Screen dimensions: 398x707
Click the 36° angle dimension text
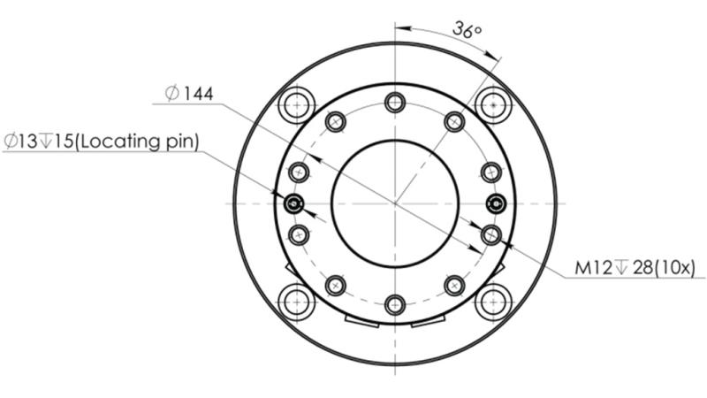pyautogui.click(x=466, y=29)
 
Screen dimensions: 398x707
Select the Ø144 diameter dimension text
pyautogui.click(x=189, y=93)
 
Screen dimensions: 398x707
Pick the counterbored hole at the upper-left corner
pyautogui.click(x=297, y=106)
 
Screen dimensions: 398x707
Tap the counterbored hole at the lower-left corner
pyautogui.click(x=297, y=302)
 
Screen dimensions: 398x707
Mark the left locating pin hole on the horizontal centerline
pyautogui.click(x=294, y=204)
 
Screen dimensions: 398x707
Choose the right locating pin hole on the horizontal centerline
pyautogui.click(x=497, y=204)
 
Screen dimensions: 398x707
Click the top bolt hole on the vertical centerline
pyautogui.click(x=395, y=103)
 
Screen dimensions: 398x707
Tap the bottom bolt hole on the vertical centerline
pyautogui.click(x=395, y=306)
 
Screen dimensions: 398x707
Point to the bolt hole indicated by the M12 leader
pyautogui.click(x=491, y=234)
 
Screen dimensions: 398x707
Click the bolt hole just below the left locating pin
pyautogui.click(x=300, y=234)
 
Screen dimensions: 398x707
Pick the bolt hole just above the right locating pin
pyautogui.click(x=491, y=172)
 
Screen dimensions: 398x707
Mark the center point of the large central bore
pyautogui.click(x=395, y=204)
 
